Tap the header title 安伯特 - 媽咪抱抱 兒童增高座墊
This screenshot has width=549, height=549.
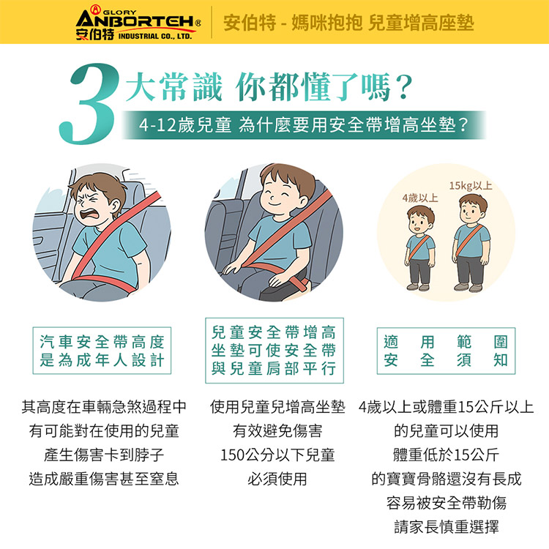click(x=348, y=22)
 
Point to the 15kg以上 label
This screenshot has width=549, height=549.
click(x=471, y=186)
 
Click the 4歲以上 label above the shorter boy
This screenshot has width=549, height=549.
click(x=419, y=198)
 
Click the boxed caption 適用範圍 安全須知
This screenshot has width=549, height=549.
click(x=446, y=352)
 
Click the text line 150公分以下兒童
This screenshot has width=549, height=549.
click(x=277, y=455)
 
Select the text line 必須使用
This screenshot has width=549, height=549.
click(x=277, y=479)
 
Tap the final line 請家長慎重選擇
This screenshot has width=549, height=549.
click(x=447, y=528)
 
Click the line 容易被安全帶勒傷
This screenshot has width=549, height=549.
click(x=447, y=504)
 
